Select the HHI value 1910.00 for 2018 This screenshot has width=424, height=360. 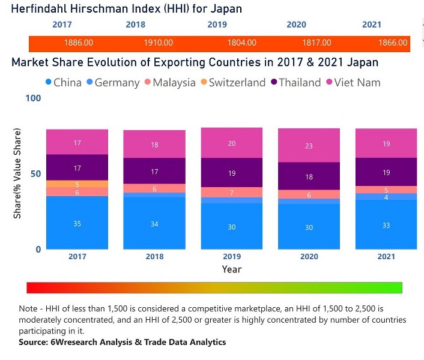pos(159,43)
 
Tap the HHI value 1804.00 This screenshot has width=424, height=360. pos(242,43)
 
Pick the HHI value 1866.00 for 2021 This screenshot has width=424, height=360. pos(393,43)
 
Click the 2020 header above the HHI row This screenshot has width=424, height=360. pos(296,25)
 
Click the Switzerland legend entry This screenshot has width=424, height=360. pos(237,83)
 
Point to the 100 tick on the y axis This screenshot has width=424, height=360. pos(33,98)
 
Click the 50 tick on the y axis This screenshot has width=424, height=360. pos(35,173)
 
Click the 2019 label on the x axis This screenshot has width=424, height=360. pos(232,256)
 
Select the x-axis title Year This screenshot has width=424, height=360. pos(232,269)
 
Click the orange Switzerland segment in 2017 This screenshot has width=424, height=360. pos(77,184)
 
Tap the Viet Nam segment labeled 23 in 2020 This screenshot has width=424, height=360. pos(309,146)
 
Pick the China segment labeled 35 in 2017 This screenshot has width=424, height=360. pos(77,223)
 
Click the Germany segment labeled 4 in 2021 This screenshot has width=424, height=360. pos(386,197)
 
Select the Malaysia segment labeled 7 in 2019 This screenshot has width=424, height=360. pos(232,193)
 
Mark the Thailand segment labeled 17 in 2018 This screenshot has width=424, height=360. pos(154,172)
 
